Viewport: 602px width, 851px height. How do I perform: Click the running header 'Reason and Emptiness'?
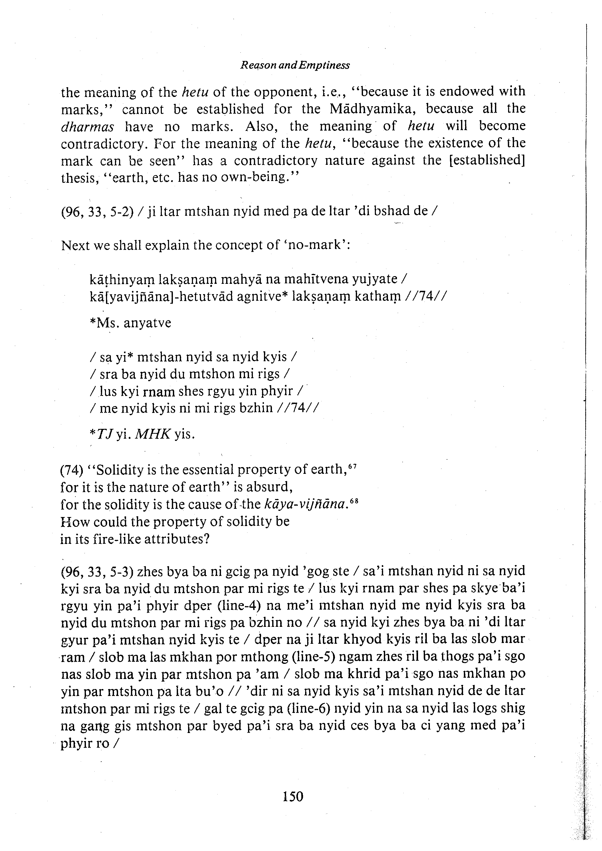tap(295, 66)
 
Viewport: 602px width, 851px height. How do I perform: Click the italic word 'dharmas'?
tap(87, 127)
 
